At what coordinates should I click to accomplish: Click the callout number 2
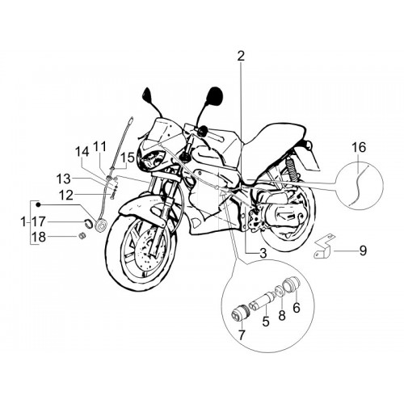click(241, 56)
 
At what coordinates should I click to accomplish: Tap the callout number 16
click(359, 148)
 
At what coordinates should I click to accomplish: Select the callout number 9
click(363, 250)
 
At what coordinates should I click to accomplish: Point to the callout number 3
click(263, 253)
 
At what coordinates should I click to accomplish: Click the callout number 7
click(241, 335)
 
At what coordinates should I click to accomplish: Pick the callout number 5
click(266, 321)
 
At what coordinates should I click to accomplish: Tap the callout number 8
click(282, 315)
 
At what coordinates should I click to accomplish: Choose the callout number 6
click(297, 308)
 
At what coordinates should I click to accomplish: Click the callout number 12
click(66, 195)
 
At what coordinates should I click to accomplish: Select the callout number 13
click(64, 179)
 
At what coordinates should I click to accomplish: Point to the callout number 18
click(39, 238)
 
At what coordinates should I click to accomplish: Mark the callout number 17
click(39, 222)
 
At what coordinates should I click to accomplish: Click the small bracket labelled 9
click(325, 246)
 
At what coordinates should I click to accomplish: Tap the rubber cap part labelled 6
click(291, 284)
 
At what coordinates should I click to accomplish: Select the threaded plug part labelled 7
click(240, 313)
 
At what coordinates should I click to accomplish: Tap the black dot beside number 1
click(38, 205)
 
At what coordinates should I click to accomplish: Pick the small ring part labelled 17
click(88, 221)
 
